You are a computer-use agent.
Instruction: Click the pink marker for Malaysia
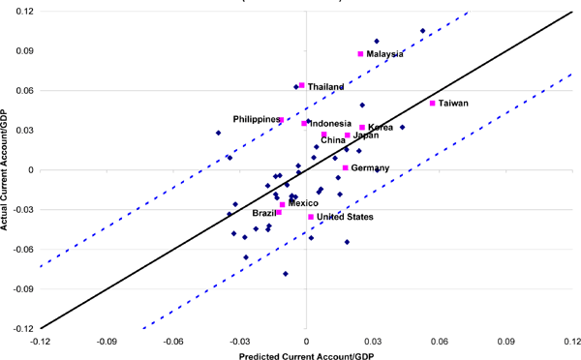click(361, 54)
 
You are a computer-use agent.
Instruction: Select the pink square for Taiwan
click(433, 103)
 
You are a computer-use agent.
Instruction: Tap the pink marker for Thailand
click(302, 85)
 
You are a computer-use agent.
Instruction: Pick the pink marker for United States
click(311, 217)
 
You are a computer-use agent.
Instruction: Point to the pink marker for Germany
click(345, 167)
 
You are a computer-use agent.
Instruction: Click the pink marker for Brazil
click(279, 212)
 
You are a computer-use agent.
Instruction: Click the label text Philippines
click(257, 119)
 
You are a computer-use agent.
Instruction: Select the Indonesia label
click(330, 124)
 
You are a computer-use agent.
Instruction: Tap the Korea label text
click(381, 127)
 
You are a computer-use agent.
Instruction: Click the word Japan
click(366, 135)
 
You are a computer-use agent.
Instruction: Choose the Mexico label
click(303, 203)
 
